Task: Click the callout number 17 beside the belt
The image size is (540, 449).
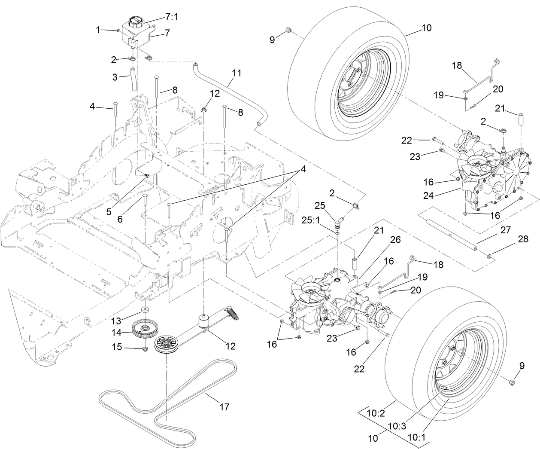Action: pos(224,406)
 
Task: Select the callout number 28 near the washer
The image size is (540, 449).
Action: pos(523,239)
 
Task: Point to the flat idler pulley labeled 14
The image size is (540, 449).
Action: pos(144,331)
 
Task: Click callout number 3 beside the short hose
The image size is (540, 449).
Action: pos(115,78)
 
